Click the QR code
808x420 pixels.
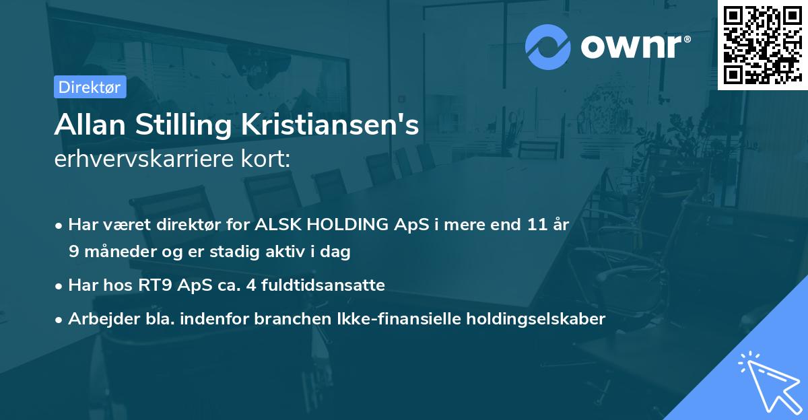click(x=762, y=45)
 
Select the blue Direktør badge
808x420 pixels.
click(x=90, y=87)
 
